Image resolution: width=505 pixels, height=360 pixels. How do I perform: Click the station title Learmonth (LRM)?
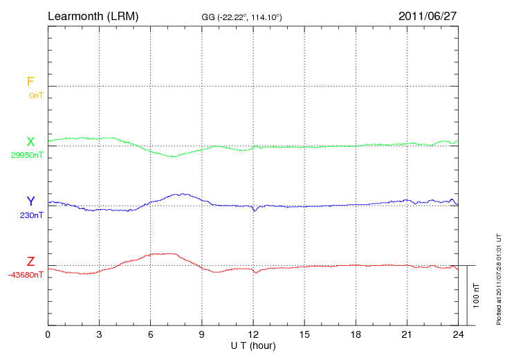(93, 15)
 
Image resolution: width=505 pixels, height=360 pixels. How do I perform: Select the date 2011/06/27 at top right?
(428, 15)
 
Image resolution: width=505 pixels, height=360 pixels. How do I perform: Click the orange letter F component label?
(30, 82)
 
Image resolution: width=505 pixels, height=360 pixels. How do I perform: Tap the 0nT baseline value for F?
(35, 96)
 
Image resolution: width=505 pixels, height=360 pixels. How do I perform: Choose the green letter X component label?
(30, 142)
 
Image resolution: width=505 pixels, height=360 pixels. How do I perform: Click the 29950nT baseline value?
(27, 155)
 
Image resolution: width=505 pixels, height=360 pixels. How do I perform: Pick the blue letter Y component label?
(30, 201)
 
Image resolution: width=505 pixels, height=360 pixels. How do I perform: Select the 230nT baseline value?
(31, 215)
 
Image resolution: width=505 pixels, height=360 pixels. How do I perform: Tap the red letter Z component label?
(30, 262)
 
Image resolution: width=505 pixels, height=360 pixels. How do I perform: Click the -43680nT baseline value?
(26, 275)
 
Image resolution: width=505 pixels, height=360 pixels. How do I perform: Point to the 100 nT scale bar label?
(476, 296)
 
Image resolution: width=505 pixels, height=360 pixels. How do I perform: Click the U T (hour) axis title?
(253, 345)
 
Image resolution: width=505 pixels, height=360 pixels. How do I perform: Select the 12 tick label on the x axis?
(253, 334)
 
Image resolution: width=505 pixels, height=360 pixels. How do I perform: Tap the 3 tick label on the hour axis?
(99, 334)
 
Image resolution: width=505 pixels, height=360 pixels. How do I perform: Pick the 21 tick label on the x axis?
(407, 334)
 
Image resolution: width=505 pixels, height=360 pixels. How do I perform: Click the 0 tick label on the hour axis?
(48, 334)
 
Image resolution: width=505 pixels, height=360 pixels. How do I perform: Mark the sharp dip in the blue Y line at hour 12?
(255, 210)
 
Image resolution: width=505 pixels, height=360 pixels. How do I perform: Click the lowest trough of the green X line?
(174, 157)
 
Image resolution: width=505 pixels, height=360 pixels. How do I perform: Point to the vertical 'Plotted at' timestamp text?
(498, 277)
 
